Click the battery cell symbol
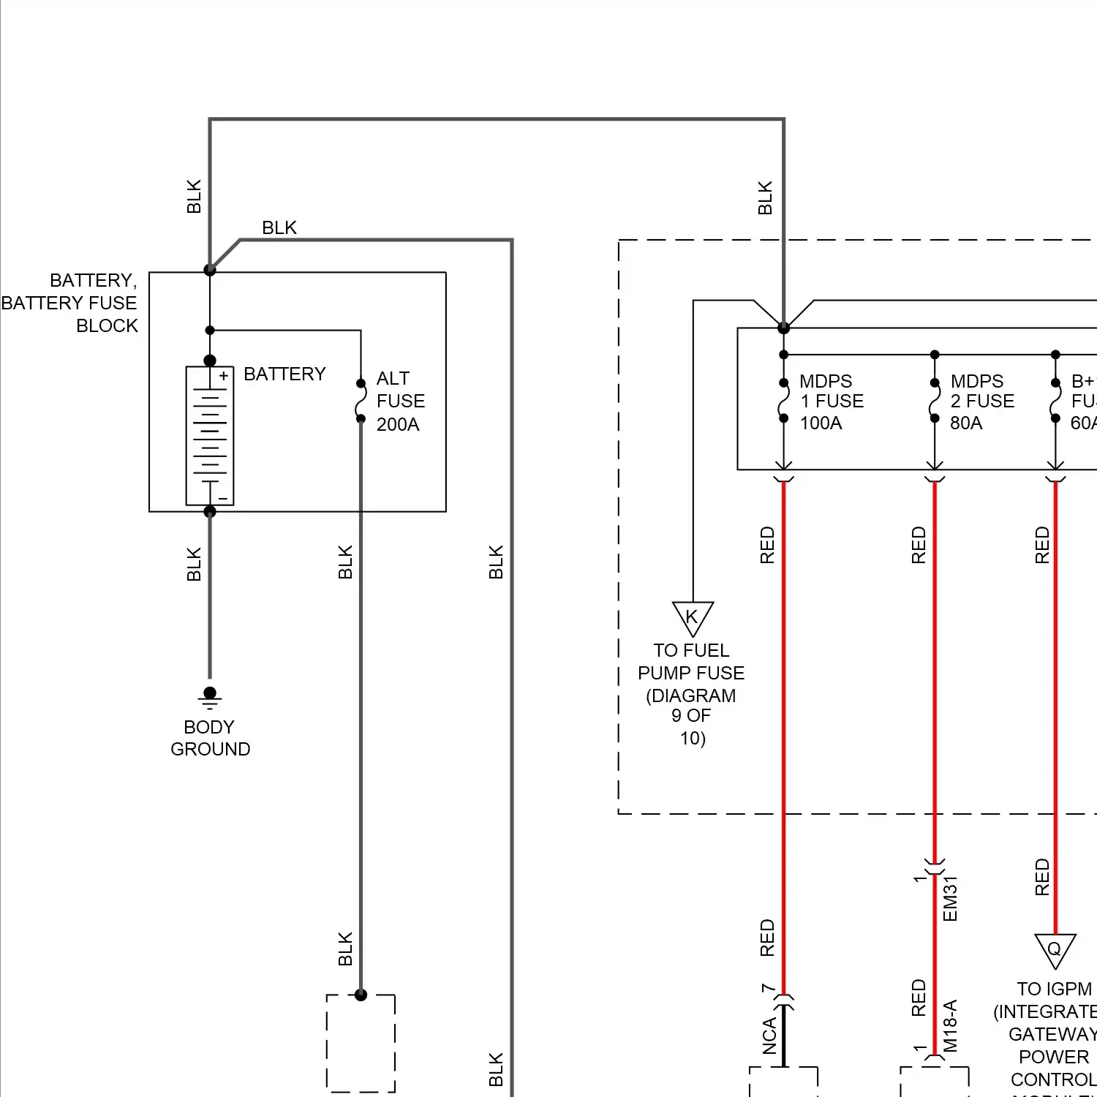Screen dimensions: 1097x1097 [210, 436]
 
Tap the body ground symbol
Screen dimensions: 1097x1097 [210, 698]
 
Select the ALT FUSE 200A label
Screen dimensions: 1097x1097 [400, 401]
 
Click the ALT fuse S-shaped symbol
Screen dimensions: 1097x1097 [361, 401]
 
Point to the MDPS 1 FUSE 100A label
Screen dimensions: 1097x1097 [832, 402]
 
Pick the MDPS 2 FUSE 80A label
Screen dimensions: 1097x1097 [982, 402]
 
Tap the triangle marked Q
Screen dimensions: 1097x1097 [1055, 950]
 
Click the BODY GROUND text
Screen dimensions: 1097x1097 [210, 738]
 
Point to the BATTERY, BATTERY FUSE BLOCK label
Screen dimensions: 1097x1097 [70, 303]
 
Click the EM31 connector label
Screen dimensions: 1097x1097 [950, 899]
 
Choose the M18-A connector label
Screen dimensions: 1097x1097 [950, 1025]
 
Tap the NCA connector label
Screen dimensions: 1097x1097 [769, 1036]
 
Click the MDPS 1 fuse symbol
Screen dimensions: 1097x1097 [783, 401]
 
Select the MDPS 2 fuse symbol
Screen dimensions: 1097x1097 [934, 401]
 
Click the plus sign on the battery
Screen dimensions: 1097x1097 [224, 376]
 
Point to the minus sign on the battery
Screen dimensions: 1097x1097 [224, 500]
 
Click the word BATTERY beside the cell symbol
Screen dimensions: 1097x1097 [284, 374]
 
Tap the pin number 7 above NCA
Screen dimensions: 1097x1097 [767, 989]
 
